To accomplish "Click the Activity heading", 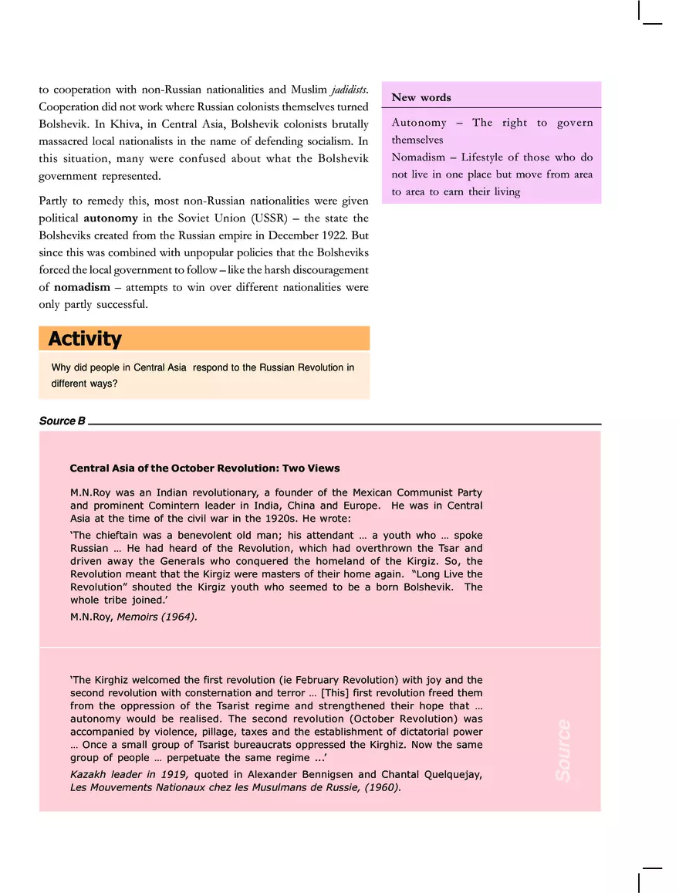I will [85, 339].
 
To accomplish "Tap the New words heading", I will [421, 97].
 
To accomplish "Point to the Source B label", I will [62, 421].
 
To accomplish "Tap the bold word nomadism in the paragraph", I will [82, 286].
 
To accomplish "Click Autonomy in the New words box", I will [419, 123].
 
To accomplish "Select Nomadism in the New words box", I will [418, 157].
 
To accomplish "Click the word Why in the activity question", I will [61, 367].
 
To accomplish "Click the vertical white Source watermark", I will [563, 750].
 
